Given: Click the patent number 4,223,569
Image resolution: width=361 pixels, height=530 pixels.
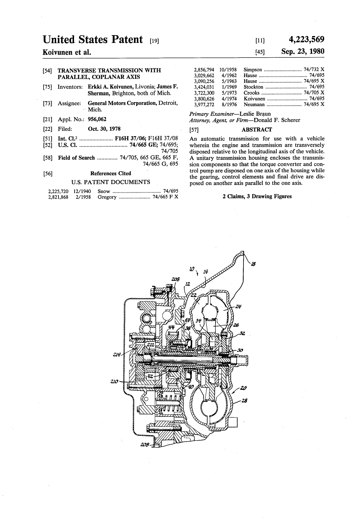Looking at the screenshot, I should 306,39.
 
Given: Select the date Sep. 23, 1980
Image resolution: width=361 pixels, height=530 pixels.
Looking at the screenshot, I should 303,51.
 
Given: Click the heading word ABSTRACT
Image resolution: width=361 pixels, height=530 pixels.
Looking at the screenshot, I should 257,130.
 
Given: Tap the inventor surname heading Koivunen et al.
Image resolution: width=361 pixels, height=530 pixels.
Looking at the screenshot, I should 67,52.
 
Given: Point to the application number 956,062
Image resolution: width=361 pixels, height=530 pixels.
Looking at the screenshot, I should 97,119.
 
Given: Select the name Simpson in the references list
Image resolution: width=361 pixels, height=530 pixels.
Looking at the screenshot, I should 253,70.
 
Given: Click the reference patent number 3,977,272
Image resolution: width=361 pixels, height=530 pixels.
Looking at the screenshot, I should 204,105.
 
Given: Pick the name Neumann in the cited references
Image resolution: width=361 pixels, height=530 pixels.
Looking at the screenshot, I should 254,105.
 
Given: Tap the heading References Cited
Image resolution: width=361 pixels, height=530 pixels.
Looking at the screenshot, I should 110,173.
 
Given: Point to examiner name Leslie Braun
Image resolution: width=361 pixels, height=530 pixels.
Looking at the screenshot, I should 255,114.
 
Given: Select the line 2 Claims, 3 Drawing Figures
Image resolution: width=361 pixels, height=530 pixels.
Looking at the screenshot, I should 257,196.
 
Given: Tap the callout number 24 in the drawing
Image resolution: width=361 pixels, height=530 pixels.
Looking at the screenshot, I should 238,306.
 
